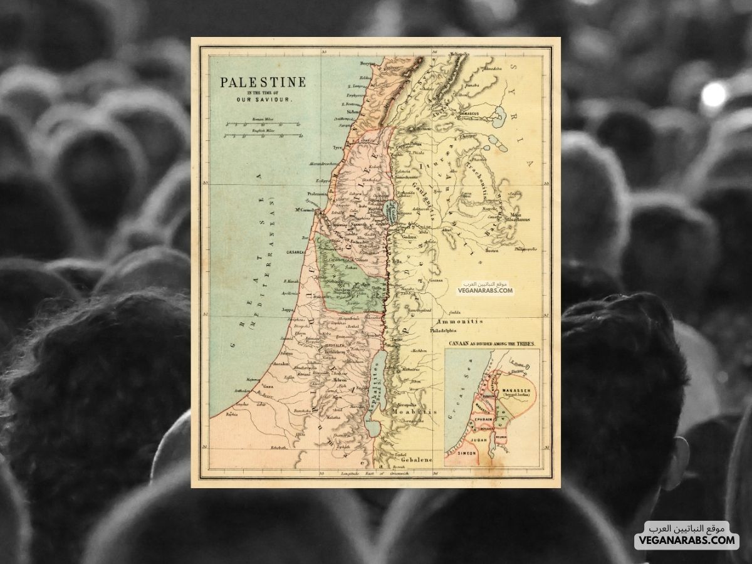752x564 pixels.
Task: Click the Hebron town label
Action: [x=339, y=380]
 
